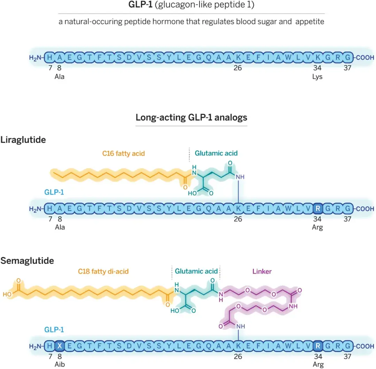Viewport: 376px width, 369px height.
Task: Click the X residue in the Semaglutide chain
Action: pos(60,346)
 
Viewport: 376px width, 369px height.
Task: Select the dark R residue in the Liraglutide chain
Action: pos(318,209)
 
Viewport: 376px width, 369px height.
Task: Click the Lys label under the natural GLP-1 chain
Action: pos(317,77)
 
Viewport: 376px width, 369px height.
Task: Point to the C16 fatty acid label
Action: pos(123,153)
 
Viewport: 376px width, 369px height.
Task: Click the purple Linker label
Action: pos(262,271)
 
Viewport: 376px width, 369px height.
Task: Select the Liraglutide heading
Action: pos(23,140)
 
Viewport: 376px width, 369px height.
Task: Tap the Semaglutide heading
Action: pos(27,260)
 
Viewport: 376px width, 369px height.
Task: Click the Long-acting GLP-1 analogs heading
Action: pos(191,117)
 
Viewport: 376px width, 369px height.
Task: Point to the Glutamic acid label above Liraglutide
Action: pos(216,153)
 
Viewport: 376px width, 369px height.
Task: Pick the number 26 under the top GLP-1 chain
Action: pos(238,68)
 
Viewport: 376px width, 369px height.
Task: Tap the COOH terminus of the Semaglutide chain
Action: pos(365,346)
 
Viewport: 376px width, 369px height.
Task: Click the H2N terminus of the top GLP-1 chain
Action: pos(36,58)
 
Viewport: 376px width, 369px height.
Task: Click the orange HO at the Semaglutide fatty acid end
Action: pos(7,294)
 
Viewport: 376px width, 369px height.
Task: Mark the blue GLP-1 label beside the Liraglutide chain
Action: pos(54,192)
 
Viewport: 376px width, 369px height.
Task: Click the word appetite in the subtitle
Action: pos(310,22)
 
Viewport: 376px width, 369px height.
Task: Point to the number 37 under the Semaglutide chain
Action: pos(347,356)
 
